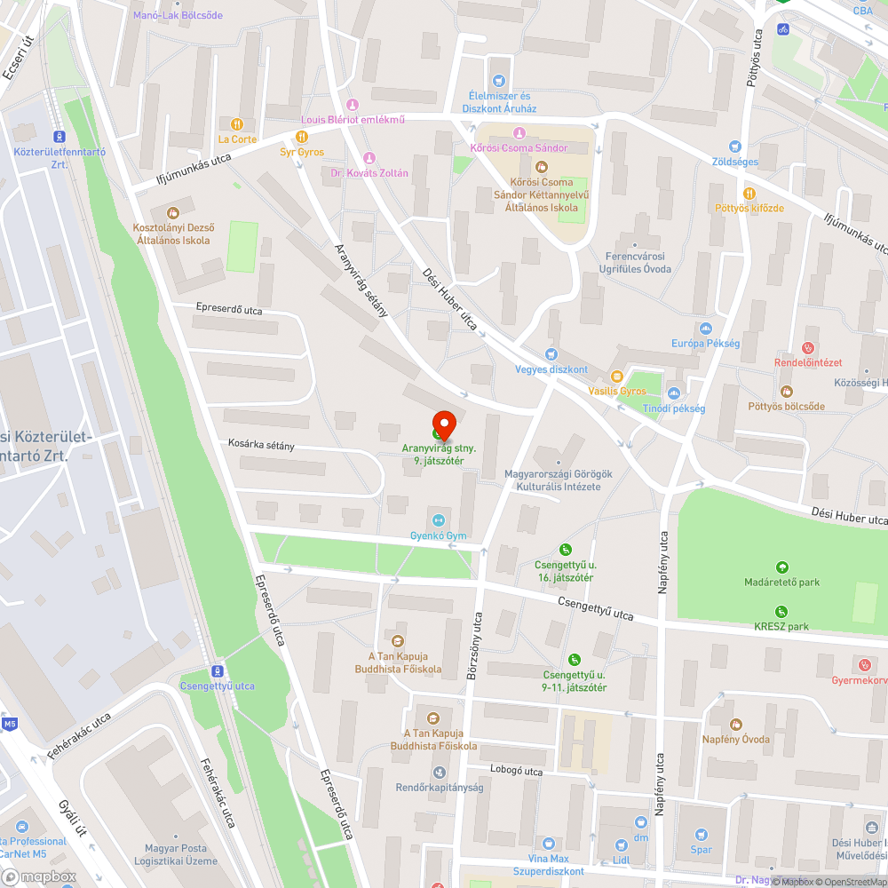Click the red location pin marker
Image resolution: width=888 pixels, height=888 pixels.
pos(443,424)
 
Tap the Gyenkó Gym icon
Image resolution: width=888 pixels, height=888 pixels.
pos(437,520)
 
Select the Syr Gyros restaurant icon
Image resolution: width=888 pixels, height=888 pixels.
pos(302,137)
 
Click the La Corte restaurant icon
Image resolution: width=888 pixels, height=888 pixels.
pos(237,124)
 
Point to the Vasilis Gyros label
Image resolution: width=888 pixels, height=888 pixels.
pos(617,391)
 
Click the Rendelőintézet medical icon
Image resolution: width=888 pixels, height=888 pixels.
pos(808,347)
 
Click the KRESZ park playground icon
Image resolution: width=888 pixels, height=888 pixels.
pos(781,611)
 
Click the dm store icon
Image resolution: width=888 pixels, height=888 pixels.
pos(641,823)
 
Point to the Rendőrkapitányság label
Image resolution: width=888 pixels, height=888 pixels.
pos(439,787)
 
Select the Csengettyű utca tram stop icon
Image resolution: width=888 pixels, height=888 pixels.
pos(218,670)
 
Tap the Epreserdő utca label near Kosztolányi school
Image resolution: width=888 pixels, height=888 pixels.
pos(229,309)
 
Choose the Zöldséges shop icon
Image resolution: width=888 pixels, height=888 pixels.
pos(735,147)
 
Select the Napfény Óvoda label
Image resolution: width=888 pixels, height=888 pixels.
pos(735,739)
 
